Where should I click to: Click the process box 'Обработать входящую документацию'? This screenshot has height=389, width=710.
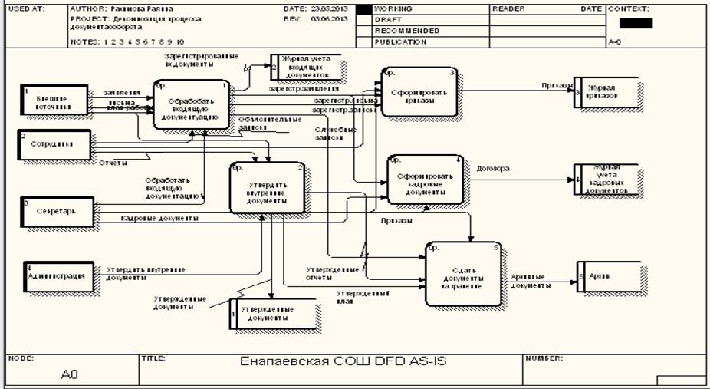[191, 104]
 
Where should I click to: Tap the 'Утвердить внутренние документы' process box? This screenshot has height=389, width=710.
[268, 188]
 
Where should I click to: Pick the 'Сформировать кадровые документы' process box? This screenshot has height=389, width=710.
[426, 180]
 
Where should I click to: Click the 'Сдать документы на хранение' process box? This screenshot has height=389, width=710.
[463, 274]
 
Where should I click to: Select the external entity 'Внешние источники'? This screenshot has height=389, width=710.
[54, 103]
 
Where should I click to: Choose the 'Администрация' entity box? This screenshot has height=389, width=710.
[58, 276]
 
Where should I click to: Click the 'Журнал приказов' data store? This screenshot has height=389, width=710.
[606, 91]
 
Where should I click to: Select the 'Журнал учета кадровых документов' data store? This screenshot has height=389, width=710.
[607, 180]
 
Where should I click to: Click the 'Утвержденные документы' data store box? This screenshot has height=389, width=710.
[274, 314]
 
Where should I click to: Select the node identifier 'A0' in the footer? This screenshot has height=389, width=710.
[70, 374]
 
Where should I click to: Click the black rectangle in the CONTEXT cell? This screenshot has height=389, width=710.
[640, 24]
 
